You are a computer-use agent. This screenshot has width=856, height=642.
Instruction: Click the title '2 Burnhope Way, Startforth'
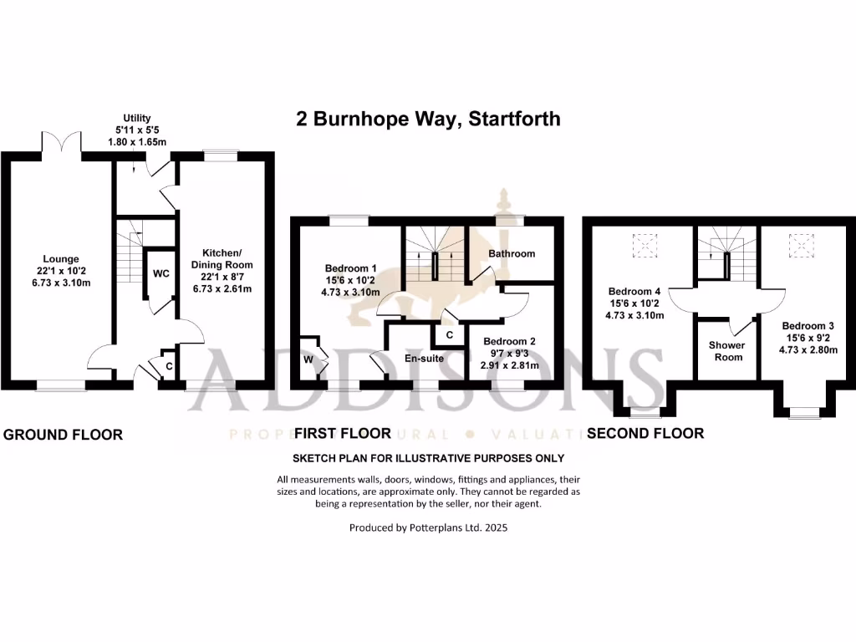[428, 119]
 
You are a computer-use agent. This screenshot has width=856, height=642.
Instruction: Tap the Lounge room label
[57, 259]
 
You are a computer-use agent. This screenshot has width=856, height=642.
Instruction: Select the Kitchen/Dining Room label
[223, 253]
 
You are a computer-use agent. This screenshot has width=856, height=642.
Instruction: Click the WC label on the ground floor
[160, 273]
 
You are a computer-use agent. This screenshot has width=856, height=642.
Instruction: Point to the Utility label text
[136, 119]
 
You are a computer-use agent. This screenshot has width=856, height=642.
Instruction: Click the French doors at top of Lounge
[60, 144]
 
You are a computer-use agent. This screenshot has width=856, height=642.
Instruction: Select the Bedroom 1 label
[352, 268]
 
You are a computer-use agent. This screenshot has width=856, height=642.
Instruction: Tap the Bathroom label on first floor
[512, 253]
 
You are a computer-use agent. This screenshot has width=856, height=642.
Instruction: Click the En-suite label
[422, 358]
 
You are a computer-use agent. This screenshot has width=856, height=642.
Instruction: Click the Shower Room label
[726, 351]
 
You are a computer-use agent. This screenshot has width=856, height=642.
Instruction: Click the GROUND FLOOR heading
[64, 435]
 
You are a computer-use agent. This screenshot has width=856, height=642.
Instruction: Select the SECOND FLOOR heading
[645, 433]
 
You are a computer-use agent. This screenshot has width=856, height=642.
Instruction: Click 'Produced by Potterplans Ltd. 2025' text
[428, 528]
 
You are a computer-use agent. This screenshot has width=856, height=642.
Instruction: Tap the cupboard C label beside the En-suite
[449, 335]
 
